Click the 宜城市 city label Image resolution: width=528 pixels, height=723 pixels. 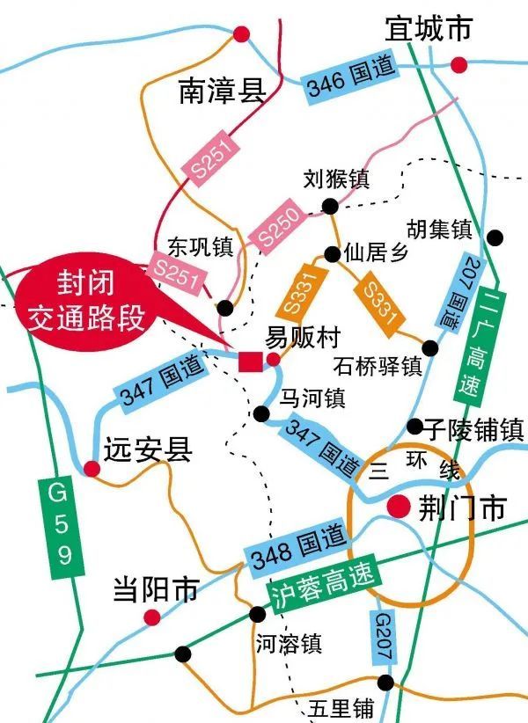429,29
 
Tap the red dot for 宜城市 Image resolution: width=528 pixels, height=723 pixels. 458,64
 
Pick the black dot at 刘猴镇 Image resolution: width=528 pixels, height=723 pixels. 330,207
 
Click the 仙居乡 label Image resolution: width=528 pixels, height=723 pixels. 378,254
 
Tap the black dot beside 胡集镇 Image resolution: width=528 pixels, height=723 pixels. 495,237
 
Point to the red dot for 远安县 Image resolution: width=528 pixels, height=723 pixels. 92,469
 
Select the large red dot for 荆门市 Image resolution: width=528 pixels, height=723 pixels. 399,506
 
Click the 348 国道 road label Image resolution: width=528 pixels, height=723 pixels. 293,551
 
